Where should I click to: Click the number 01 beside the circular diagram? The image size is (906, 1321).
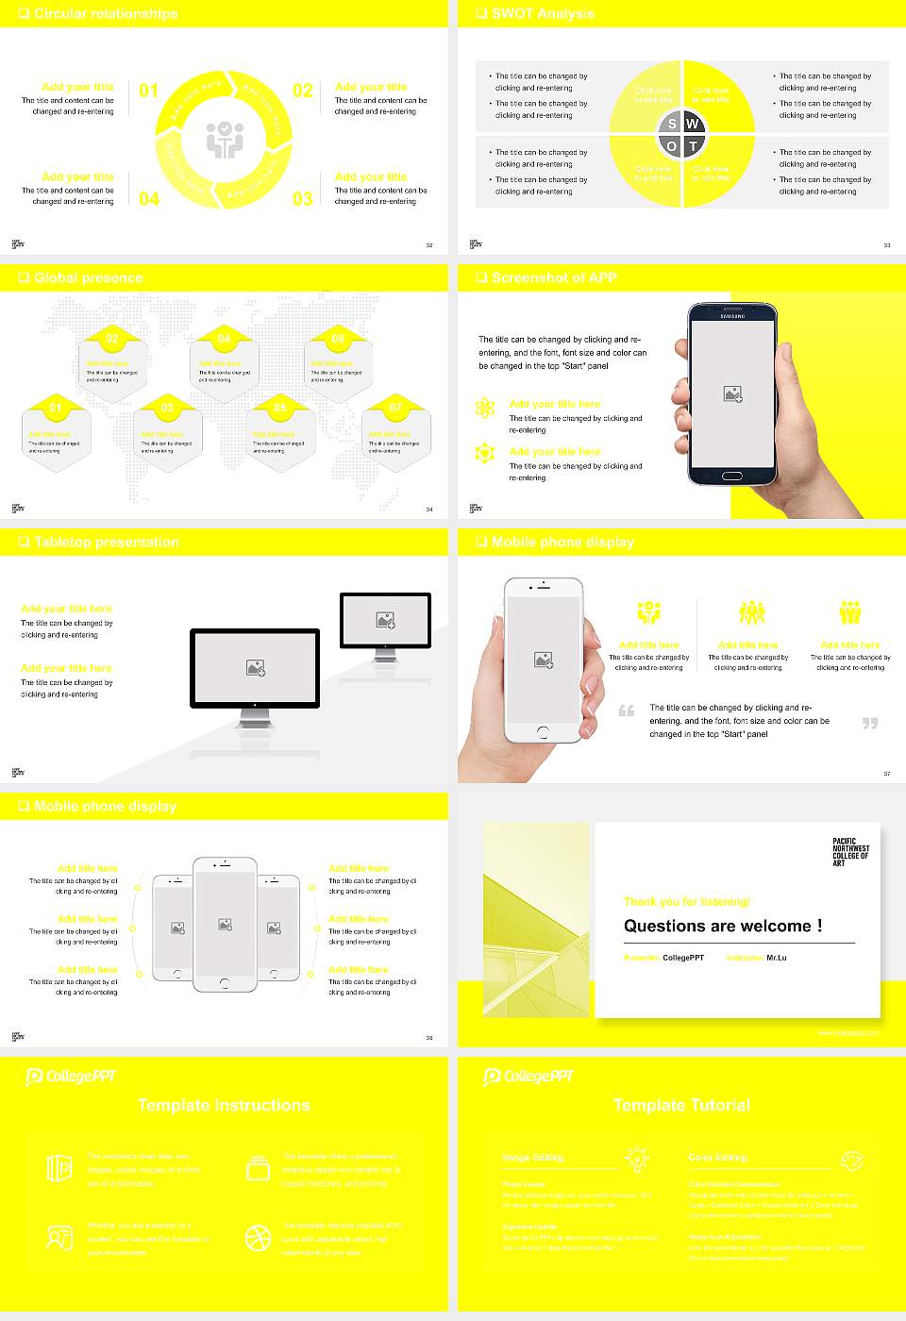click(148, 91)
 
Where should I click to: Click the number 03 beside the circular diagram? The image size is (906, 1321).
click(302, 198)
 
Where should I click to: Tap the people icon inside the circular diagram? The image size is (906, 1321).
click(225, 140)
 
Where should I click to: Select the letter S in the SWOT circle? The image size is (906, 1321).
click(672, 124)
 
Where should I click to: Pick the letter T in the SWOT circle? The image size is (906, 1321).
click(693, 146)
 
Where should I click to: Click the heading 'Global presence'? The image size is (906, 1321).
click(88, 277)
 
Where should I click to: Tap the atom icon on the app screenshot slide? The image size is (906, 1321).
click(485, 408)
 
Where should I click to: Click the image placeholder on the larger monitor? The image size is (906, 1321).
click(255, 668)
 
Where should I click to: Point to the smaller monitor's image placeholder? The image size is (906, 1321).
click(385, 620)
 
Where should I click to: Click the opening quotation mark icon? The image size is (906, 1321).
click(627, 711)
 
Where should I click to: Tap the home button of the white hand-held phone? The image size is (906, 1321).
click(543, 732)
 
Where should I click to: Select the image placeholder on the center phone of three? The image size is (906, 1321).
click(225, 925)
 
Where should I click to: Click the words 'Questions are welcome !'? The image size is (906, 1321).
click(723, 926)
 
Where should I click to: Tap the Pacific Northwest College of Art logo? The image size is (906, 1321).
click(850, 851)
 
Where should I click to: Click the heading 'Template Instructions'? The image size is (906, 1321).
click(224, 1105)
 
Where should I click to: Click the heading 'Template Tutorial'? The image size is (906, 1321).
click(681, 1105)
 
